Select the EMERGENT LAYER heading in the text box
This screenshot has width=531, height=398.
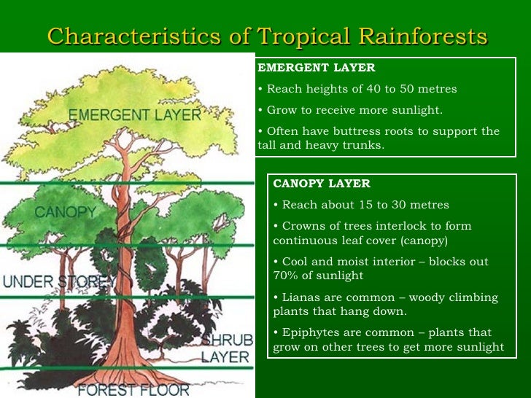pos(317,68)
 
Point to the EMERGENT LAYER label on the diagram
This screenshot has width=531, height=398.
pos(135,115)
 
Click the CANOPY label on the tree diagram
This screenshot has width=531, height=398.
pos(66,212)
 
